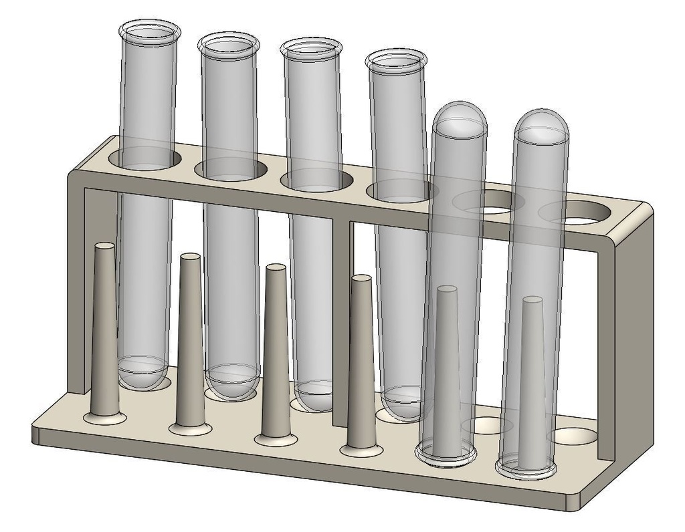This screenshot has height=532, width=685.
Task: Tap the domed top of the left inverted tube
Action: point(460,118)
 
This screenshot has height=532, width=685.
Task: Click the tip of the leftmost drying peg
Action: point(104,247)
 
